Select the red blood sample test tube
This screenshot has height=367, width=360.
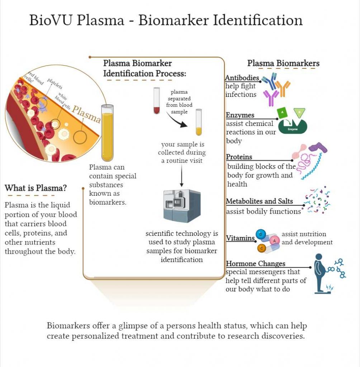(x=156, y=101)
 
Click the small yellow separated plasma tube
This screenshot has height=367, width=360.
(x=199, y=123)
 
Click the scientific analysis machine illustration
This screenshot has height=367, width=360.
(x=182, y=206)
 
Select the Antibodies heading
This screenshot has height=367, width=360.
(x=242, y=78)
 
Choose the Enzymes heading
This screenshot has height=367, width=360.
(x=240, y=115)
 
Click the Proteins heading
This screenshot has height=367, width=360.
(x=239, y=157)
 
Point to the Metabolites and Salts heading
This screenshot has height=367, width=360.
(x=259, y=201)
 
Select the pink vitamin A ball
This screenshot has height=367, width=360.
(x=275, y=240)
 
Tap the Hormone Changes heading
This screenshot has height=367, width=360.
(x=256, y=264)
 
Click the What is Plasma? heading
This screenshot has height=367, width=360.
(x=35, y=188)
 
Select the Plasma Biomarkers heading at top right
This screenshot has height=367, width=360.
(x=283, y=63)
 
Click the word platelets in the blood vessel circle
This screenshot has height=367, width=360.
(x=55, y=84)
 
